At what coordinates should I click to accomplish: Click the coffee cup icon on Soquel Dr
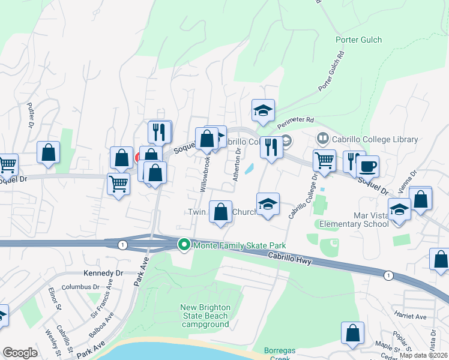(x=367, y=166)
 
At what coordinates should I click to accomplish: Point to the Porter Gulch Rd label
(x=333, y=71)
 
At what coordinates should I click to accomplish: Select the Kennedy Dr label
(x=103, y=273)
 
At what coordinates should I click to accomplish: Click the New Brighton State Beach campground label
(x=205, y=316)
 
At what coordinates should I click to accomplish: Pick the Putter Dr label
(x=30, y=115)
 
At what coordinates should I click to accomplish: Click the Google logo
(x=20, y=353)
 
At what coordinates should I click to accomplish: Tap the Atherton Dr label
(x=237, y=165)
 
